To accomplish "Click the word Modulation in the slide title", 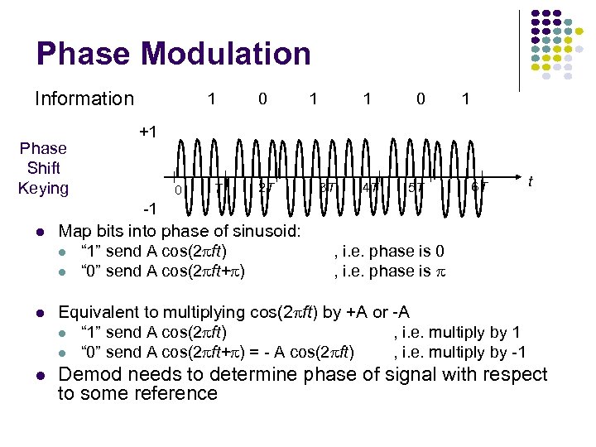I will pos(226,54).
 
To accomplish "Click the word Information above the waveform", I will pos(84,99).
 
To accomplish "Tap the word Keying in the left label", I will pos(43,188).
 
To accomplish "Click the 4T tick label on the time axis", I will pos(370,188).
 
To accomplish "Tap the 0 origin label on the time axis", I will pos(178,191).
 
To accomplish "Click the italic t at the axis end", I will pos(530,180).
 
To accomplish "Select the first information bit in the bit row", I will pos(212,99).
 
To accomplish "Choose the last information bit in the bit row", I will pos(466,99).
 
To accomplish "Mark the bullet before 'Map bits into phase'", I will pos(42,230).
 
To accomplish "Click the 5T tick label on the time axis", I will pos(416,188).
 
